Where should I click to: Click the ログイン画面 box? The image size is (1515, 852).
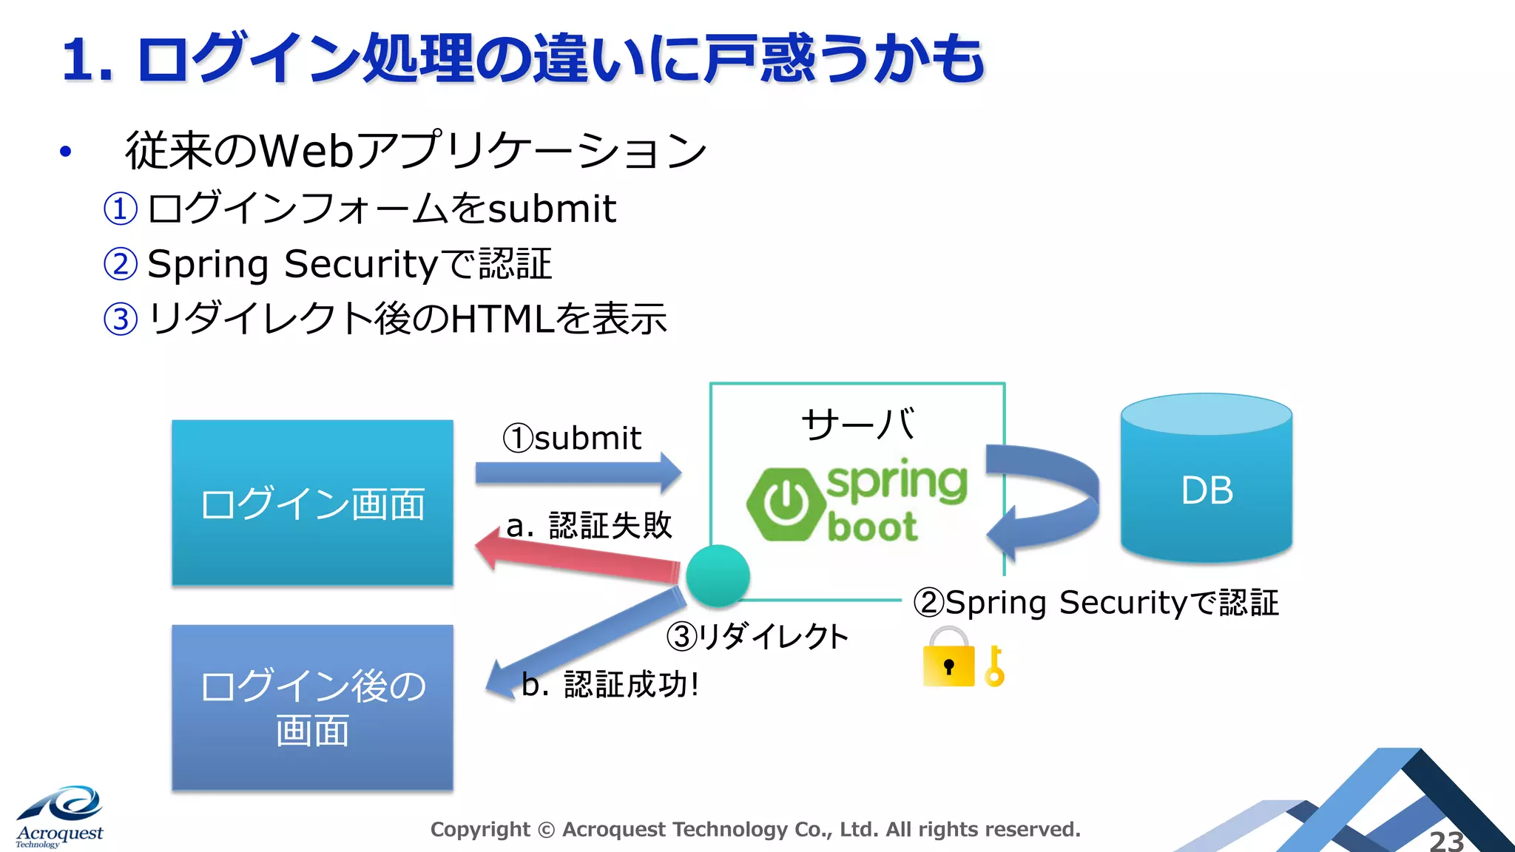tap(312, 503)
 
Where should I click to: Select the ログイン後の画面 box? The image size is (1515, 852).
tap(312, 707)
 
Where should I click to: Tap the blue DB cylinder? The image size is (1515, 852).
tap(1207, 488)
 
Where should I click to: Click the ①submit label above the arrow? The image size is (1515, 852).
tap(572, 438)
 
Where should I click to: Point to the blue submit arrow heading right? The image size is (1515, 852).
tap(577, 472)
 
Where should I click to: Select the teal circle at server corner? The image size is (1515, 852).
tap(718, 576)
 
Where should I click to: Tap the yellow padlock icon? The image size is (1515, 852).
tap(948, 658)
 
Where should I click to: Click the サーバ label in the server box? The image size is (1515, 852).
tap(858, 425)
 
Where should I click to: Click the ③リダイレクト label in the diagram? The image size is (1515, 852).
tap(757, 637)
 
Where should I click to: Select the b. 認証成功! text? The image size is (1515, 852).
tap(610, 684)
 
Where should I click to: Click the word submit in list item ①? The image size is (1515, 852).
tap(552, 209)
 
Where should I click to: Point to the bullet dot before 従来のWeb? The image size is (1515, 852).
tap(66, 152)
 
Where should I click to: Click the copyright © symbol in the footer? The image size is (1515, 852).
tap(546, 830)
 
